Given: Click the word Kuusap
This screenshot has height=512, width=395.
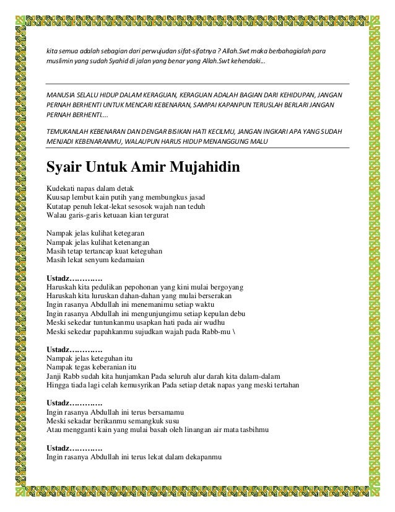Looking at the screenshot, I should click(61, 196).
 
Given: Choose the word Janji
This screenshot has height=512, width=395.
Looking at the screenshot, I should click(56, 376).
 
